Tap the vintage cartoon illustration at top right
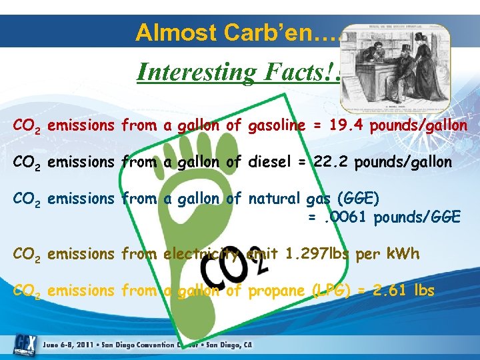tap(395, 69)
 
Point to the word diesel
tap(269, 162)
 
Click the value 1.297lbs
tap(313, 254)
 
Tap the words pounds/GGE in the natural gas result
tap(417, 217)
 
